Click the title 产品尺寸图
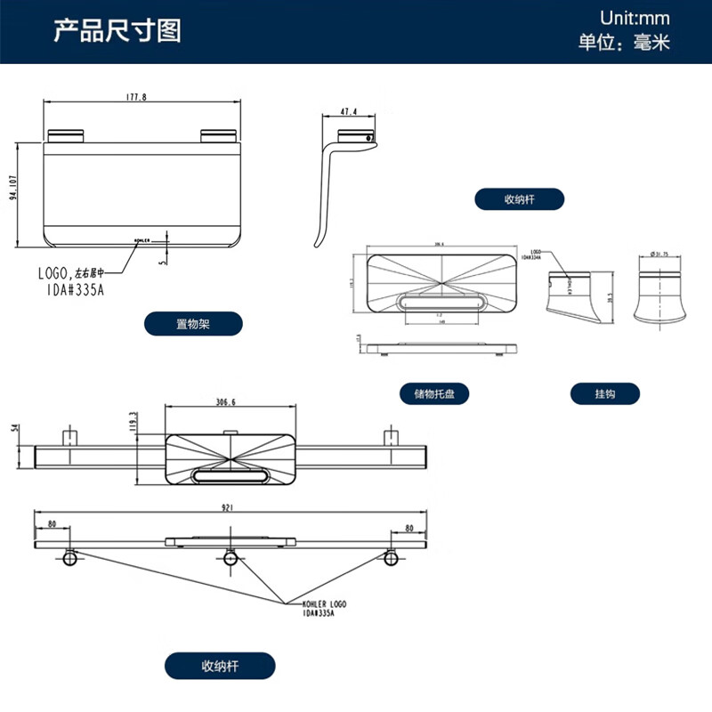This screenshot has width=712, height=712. [x=117, y=31]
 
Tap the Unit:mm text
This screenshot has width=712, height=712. [x=634, y=18]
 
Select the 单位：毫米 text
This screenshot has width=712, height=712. [x=624, y=42]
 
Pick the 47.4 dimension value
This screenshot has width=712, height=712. [x=348, y=112]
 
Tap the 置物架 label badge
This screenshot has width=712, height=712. [x=193, y=324]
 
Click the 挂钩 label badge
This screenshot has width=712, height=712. [x=605, y=393]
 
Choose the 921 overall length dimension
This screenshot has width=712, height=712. [x=228, y=508]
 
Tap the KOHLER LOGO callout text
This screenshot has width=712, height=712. [x=324, y=604]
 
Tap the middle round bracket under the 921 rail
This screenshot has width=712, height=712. [x=231, y=558]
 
